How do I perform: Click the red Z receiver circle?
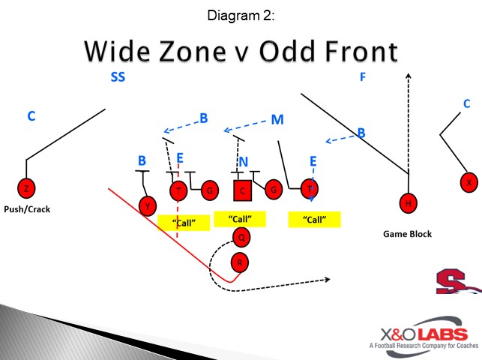coord(26,188)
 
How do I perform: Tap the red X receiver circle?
coord(469,182)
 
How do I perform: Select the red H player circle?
coord(409,202)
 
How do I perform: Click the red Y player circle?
coord(148,205)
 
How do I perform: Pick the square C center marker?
coord(242,190)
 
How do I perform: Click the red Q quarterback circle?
coord(241,238)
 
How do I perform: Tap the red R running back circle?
coord(239,262)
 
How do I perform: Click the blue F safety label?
coord(363,76)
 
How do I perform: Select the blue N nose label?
coord(243,162)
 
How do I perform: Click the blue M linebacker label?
coord(277,119)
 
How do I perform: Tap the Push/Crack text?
coord(27,209)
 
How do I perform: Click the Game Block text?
coord(407,234)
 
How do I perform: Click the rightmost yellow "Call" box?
coord(314,220)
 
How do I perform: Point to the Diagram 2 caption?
coord(241,14)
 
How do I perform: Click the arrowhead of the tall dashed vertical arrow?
coord(409,75)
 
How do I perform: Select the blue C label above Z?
coord(31,116)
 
